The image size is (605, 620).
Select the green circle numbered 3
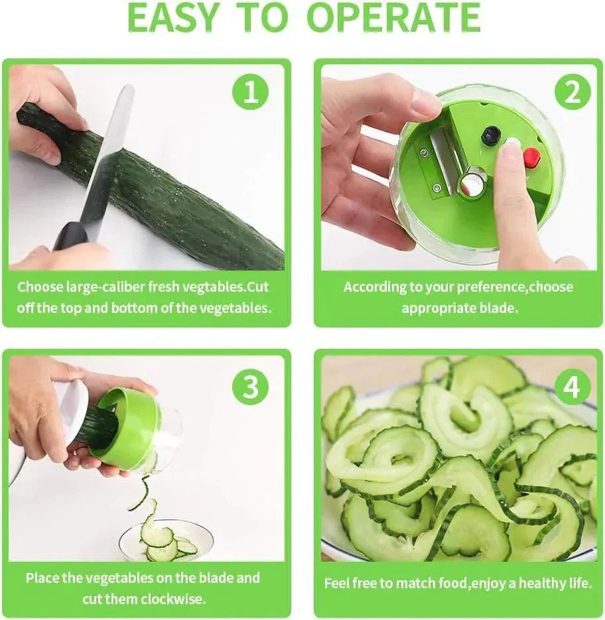(251, 387)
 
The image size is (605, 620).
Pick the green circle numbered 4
(572, 387)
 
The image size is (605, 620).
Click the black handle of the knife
(71, 236)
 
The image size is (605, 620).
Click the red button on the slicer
(531, 157)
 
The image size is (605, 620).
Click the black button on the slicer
(491, 135)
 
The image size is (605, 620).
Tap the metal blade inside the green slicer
(440, 160)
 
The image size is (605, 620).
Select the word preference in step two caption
(482, 288)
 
